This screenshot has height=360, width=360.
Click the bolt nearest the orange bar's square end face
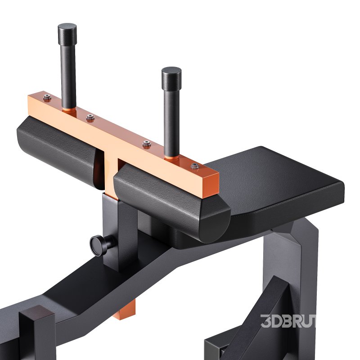(195, 166)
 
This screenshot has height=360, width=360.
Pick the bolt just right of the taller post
(90, 117)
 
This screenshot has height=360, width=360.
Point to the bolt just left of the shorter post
(147, 144)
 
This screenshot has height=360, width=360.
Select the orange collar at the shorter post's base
(171, 157)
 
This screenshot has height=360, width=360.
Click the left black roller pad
(54, 144)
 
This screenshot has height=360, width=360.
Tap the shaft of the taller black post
(68, 72)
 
